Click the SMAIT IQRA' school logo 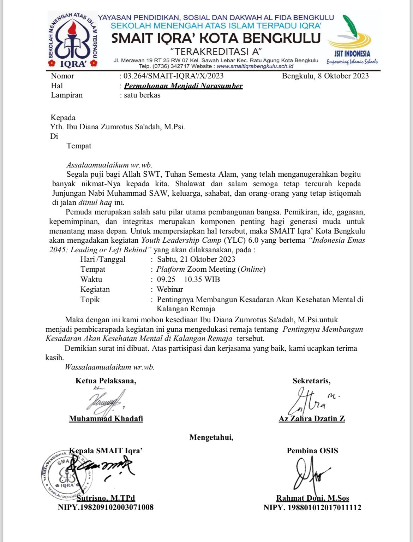point(72,40)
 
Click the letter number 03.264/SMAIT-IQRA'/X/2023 point(173,76)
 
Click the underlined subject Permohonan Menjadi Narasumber point(183,86)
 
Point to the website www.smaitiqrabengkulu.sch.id point(255,66)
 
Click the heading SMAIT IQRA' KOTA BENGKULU point(216,38)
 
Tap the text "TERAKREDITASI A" point(216,52)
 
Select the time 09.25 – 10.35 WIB point(188,279)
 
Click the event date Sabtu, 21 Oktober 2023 point(196,259)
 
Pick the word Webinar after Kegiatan point(170,289)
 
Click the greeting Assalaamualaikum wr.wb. point(109,165)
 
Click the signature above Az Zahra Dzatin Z point(311,401)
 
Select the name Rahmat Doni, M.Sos point(312,498)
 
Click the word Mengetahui point(211,437)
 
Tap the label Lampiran point(67,95)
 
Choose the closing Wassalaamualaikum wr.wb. point(109,367)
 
